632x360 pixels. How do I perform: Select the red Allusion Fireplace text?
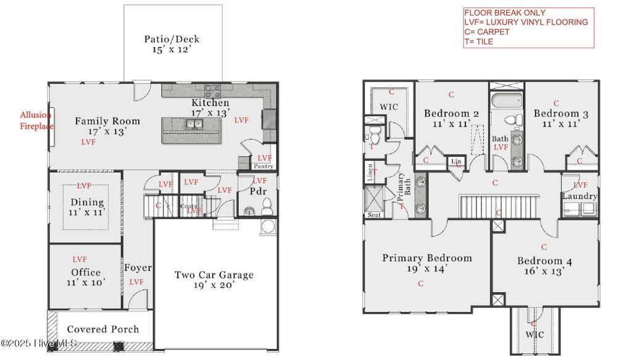coord(36,120)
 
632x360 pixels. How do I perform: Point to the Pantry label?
coord(264,166)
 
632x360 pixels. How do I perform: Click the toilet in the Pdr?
coord(267,206)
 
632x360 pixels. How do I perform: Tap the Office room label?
coord(85,277)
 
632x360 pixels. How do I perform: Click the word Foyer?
coord(138,268)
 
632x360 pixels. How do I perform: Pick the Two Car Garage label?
coord(214,280)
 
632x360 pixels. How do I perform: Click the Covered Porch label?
coord(102,329)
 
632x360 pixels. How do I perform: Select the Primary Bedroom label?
coord(426,262)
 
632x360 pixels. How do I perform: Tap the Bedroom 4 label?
coord(544,266)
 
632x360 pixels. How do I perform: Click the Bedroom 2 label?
coord(452,118)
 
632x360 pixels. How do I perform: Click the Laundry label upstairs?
coord(580,196)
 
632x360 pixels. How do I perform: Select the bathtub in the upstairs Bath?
coord(506,101)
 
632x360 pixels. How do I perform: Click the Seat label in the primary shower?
coord(374,215)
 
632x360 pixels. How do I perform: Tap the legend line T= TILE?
coord(478,42)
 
